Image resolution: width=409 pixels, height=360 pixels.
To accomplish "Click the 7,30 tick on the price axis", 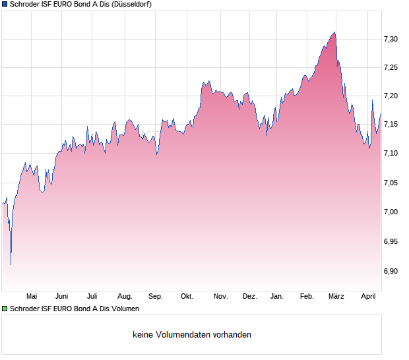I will (391, 40).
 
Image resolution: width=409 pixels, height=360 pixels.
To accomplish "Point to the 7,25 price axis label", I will (391, 68).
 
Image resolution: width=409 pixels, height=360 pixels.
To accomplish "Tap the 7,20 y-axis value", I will (391, 96).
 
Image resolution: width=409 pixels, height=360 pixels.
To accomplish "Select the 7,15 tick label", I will (391, 125).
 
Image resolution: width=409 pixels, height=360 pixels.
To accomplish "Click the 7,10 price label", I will (391, 154).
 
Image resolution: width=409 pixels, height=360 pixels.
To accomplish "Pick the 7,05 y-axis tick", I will (391, 183).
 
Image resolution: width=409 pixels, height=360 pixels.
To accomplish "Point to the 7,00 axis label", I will (391, 212).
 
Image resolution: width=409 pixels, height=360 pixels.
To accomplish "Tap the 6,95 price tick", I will (391, 242).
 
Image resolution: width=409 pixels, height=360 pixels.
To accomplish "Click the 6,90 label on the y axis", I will (391, 271).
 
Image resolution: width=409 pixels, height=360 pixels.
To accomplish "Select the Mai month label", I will (32, 297).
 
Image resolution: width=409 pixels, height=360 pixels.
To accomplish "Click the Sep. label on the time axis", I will (156, 297).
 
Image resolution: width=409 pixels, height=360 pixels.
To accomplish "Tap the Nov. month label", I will (221, 297).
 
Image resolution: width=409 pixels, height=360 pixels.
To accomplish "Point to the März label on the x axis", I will (336, 297).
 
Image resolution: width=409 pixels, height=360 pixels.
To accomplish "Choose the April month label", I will (368, 297).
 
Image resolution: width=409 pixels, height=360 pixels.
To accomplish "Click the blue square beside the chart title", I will (5, 5).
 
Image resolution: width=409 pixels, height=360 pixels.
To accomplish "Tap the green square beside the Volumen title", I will (5, 308).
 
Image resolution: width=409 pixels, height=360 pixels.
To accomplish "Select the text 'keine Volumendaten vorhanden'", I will (192, 335).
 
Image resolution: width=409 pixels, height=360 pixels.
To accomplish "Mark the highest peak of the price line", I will (335, 32).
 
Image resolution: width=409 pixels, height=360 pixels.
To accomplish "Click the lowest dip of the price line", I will (11, 264).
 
